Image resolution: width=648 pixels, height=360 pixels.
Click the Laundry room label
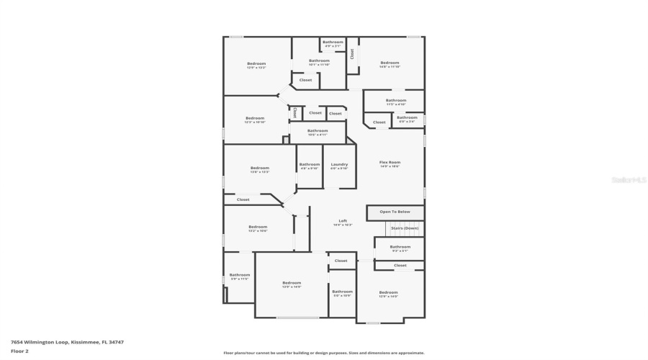click(339, 164)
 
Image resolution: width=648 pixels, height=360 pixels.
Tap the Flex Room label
click(390, 163)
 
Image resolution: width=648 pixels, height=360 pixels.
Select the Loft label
click(342, 221)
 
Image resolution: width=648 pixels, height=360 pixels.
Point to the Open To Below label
click(395, 212)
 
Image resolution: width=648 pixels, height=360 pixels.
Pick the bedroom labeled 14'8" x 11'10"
click(390, 63)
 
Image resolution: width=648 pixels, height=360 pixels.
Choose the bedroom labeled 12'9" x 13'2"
click(256, 64)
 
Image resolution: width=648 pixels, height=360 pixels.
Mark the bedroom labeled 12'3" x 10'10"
click(255, 118)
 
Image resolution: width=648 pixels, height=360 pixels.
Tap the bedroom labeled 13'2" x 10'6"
click(258, 227)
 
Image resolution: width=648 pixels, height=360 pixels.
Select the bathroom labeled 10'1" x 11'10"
click(319, 61)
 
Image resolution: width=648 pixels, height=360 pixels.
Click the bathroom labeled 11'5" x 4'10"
click(396, 101)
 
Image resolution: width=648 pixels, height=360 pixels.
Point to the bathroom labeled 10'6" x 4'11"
click(318, 131)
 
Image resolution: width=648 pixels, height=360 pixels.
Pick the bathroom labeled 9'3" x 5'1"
click(400, 247)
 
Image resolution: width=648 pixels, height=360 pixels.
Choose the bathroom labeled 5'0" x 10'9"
click(342, 292)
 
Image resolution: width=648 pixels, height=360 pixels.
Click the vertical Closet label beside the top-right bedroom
click(352, 54)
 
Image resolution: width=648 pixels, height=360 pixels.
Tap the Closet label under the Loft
click(341, 261)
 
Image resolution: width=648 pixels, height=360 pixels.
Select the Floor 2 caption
click(19, 351)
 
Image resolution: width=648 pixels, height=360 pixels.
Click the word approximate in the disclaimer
click(412, 353)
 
